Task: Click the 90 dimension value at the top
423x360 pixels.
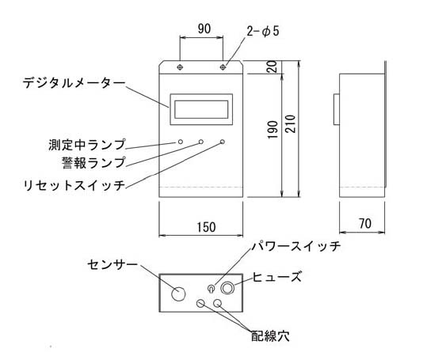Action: pos(204,28)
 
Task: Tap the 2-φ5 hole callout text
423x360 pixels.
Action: pos(263,32)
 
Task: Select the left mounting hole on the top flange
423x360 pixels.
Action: pos(180,67)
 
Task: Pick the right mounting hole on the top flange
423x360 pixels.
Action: pos(223,67)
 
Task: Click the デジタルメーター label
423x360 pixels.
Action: pos(74,83)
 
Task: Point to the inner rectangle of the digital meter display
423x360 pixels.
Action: pos(201,109)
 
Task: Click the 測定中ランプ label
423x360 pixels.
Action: pos(87,145)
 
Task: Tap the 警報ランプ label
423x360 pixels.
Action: pos(93,162)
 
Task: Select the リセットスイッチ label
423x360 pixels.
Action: pos(74,185)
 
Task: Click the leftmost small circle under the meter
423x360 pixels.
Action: pos(180,142)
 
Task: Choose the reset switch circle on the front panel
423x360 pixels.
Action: pos(223,142)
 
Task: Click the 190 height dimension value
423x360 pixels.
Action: pos(272,130)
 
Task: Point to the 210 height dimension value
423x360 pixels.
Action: pos(291,123)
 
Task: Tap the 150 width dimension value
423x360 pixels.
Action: pos(207,227)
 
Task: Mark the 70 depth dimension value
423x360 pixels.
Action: pos(365,223)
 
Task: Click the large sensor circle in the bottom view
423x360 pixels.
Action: pos(178,294)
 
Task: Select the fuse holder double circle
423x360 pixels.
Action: pos(227,288)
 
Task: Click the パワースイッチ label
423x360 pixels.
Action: pos(296,246)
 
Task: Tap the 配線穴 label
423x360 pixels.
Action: pos(270,336)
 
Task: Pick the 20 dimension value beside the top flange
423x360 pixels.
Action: pos(272,66)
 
